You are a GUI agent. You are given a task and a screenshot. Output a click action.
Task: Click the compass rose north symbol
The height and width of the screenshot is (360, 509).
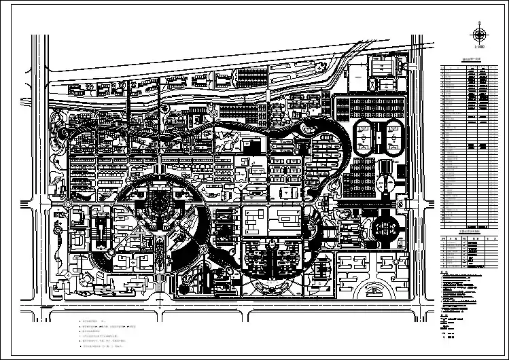coord(480,35)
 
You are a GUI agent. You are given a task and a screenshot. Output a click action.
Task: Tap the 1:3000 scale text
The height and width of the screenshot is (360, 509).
coord(480,48)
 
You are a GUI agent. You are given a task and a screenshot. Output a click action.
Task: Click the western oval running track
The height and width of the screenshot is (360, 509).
coord(365,138)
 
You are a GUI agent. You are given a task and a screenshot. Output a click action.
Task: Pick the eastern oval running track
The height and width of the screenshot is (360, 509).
coord(393,137)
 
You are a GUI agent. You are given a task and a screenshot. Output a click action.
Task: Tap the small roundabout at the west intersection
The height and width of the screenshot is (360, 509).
coord(69,202)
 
